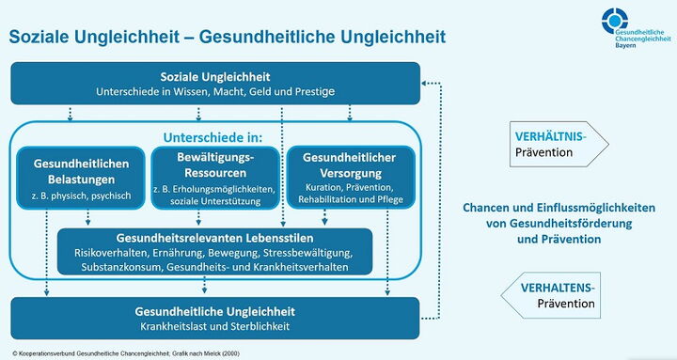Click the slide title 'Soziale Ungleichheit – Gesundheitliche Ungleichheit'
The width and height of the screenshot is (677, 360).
coord(227,36)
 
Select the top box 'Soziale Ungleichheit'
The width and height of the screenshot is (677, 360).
coord(215,83)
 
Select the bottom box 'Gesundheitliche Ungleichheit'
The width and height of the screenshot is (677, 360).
coord(215,318)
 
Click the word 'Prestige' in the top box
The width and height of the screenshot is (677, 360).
coord(313,91)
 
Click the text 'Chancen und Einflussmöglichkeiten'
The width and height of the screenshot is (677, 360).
coord(559,208)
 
